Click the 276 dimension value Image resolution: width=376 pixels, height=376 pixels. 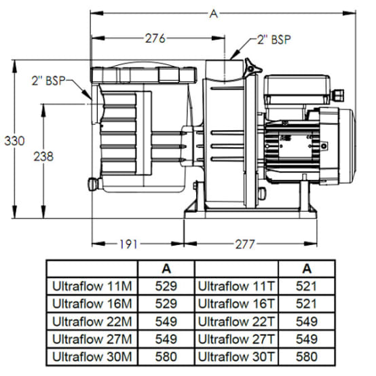[155, 39]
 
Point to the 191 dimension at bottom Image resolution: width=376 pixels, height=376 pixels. [132, 242]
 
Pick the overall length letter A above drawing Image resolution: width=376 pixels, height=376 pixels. [214, 12]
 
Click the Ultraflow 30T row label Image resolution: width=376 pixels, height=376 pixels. [236, 355]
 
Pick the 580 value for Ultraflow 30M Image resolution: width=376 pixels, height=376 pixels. [166, 355]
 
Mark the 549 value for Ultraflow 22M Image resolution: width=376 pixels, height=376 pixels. [166, 320]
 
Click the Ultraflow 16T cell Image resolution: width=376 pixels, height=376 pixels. [236, 303]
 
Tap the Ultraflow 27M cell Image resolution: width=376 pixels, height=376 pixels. [92, 338]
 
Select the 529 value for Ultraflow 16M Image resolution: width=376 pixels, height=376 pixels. [166, 303]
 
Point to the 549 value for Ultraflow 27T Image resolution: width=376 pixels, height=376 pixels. [307, 338]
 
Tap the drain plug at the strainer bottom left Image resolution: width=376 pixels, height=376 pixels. [92, 183]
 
